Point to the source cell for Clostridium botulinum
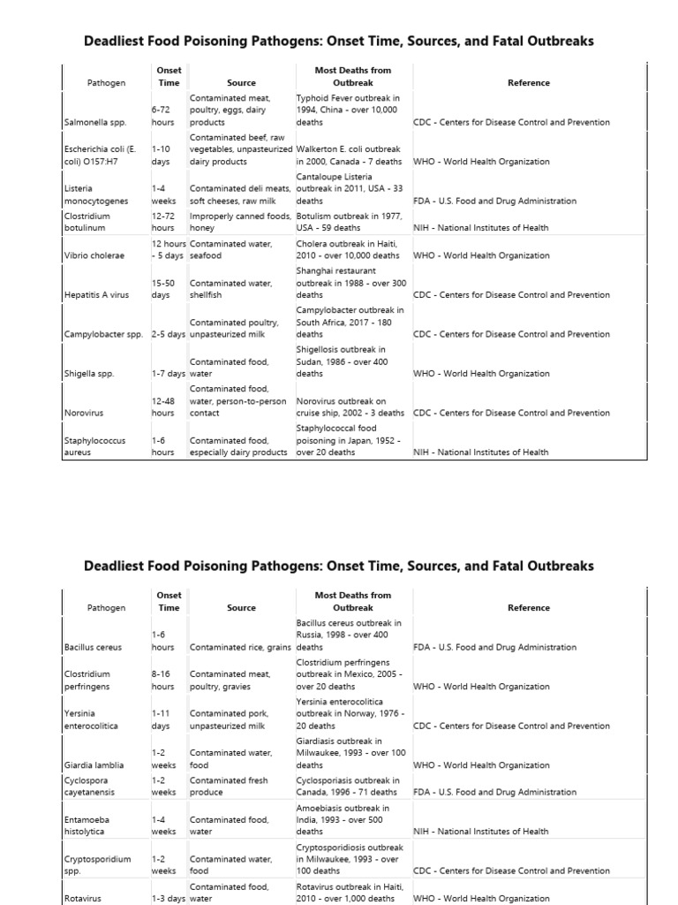[x=239, y=221]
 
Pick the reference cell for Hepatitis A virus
[x=511, y=295]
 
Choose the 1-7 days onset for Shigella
[x=168, y=374]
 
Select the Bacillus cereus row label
[x=93, y=647]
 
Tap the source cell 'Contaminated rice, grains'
[x=240, y=647]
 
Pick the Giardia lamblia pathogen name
[x=94, y=765]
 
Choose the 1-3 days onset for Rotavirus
[x=168, y=899]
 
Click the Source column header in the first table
[x=241, y=83]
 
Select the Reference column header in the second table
[x=529, y=608]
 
